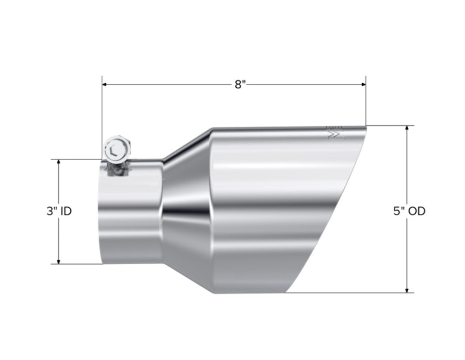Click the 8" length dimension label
click(x=239, y=85)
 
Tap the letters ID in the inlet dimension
click(x=66, y=211)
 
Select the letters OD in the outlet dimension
click(x=416, y=211)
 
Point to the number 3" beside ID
click(x=51, y=211)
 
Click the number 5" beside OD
click(x=399, y=211)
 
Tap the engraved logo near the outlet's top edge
click(x=335, y=133)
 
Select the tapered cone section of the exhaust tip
click(x=186, y=209)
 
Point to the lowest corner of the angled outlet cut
click(x=285, y=293)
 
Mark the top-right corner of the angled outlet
click(x=365, y=126)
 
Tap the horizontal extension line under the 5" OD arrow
click(x=349, y=293)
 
